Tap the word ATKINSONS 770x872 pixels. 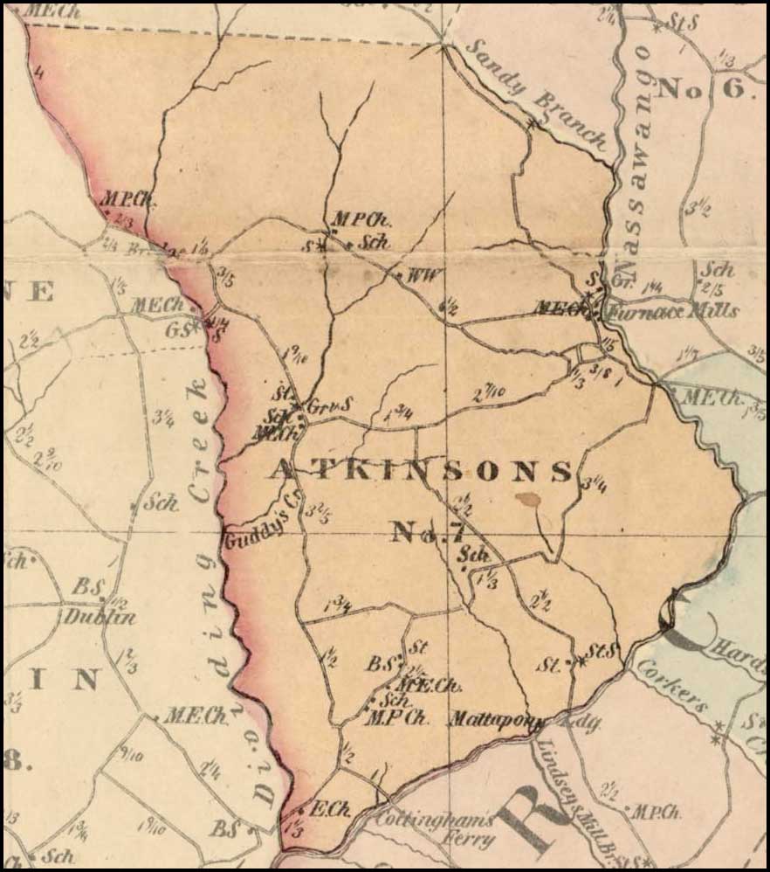pos(420,471)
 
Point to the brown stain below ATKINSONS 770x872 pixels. pos(527,499)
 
